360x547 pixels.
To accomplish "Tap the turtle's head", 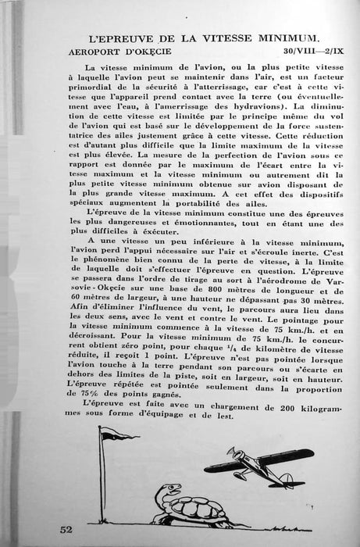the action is (x=163, y=492).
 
